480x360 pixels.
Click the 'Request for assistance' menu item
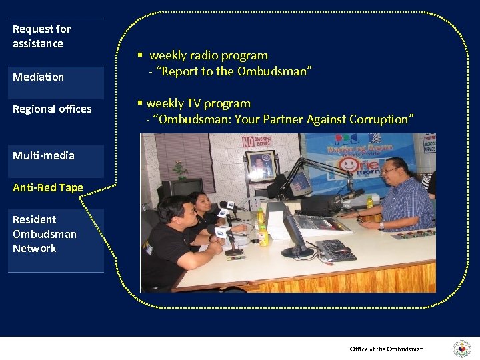pyautogui.click(x=41, y=36)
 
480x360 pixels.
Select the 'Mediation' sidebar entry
pyautogui.click(x=38, y=77)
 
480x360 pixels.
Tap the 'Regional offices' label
pyautogui.click(x=52, y=109)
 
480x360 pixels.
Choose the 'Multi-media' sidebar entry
pyautogui.click(x=43, y=155)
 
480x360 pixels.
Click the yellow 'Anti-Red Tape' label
pyautogui.click(x=48, y=187)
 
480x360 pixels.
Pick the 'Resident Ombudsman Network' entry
pyautogui.click(x=44, y=234)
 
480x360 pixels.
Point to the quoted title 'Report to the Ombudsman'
pyautogui.click(x=234, y=71)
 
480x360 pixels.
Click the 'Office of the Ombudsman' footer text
pyautogui.click(x=387, y=349)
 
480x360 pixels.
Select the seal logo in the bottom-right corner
pyautogui.click(x=461, y=349)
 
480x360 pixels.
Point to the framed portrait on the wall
pyautogui.click(x=259, y=164)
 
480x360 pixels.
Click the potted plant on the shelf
pyautogui.click(x=179, y=169)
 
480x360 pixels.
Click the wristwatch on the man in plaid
pyautogui.click(x=381, y=225)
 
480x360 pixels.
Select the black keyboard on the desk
pyautogui.click(x=333, y=249)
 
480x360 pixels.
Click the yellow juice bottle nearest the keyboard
pyautogui.click(x=261, y=235)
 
